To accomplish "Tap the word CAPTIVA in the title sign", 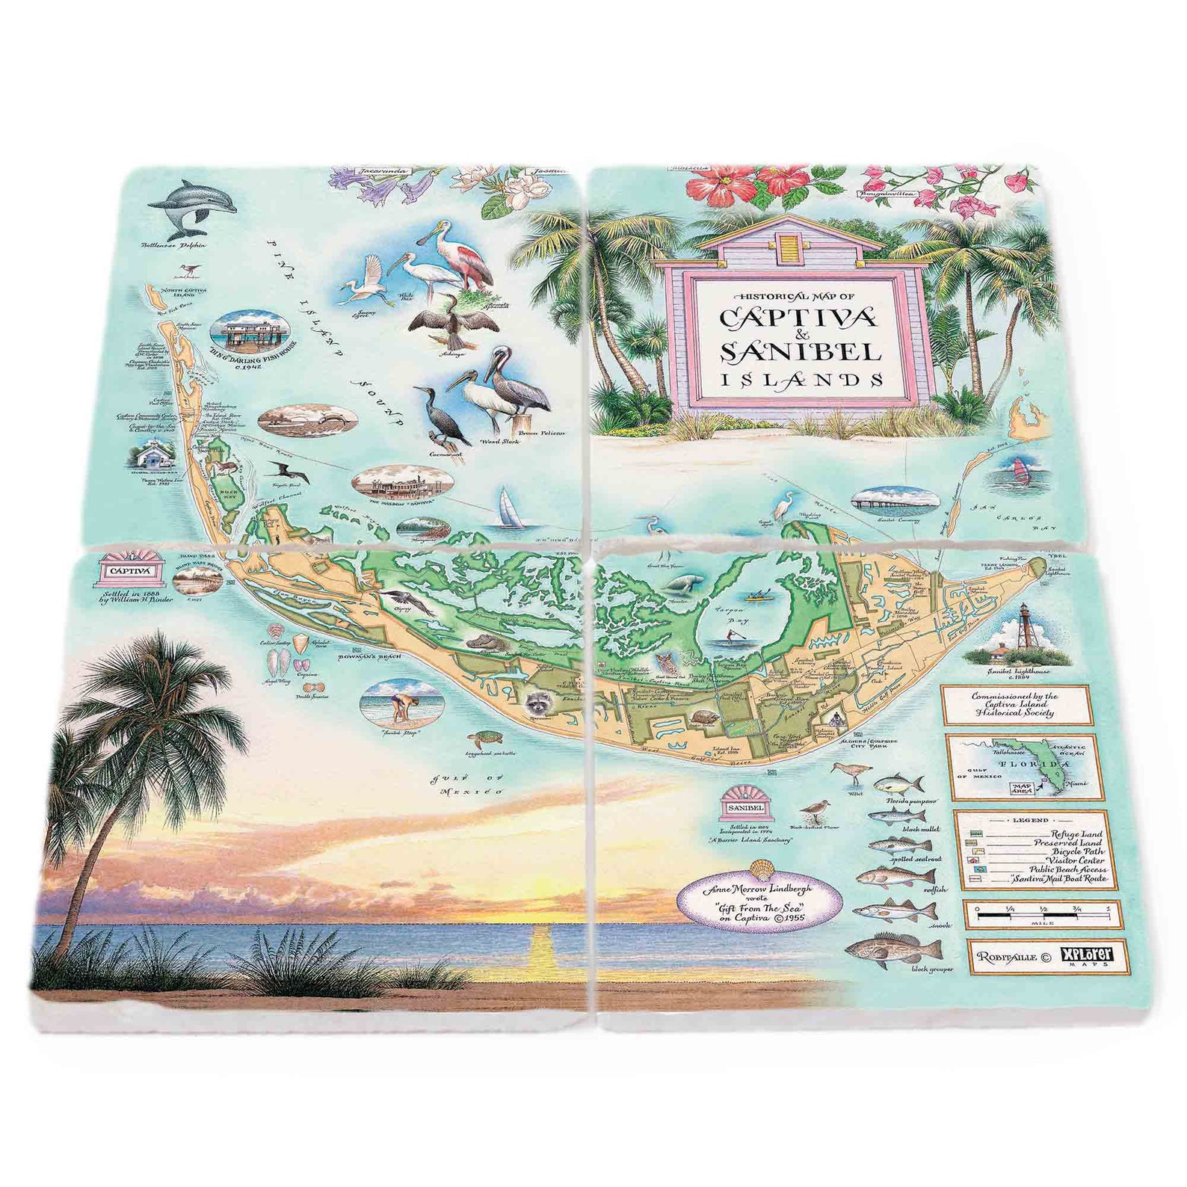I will click(x=798, y=317).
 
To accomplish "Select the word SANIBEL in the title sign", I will click(x=800, y=351).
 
